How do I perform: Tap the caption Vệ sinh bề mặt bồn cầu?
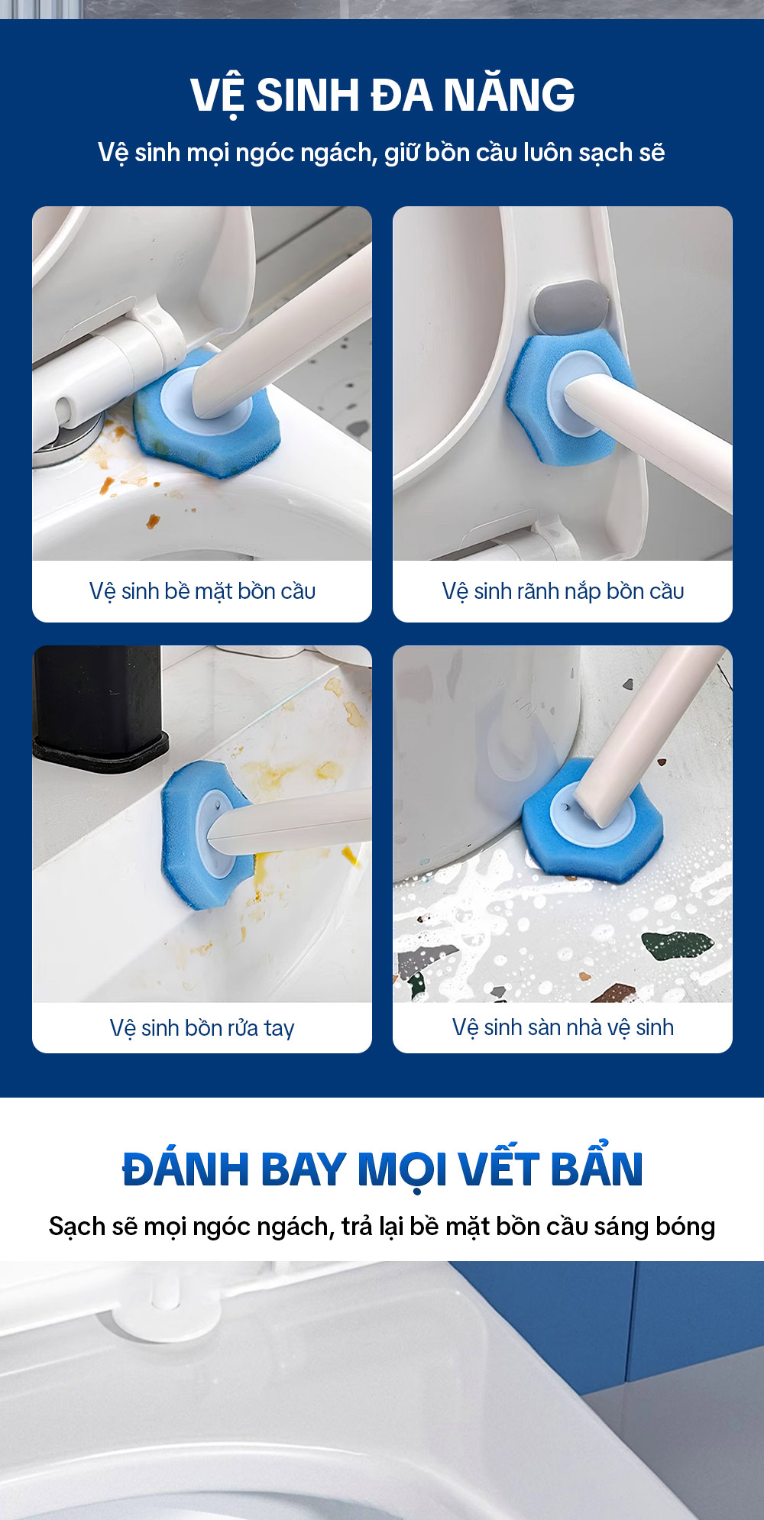[x=202, y=591]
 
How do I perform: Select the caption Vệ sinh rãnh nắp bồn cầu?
[x=563, y=591]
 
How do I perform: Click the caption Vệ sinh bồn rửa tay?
[x=202, y=1028]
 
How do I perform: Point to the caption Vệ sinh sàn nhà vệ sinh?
[x=563, y=1027]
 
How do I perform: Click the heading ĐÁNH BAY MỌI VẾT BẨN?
[x=382, y=1168]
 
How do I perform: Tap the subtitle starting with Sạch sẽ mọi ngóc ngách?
[x=382, y=1226]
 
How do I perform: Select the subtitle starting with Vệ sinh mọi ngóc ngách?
[x=381, y=153]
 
